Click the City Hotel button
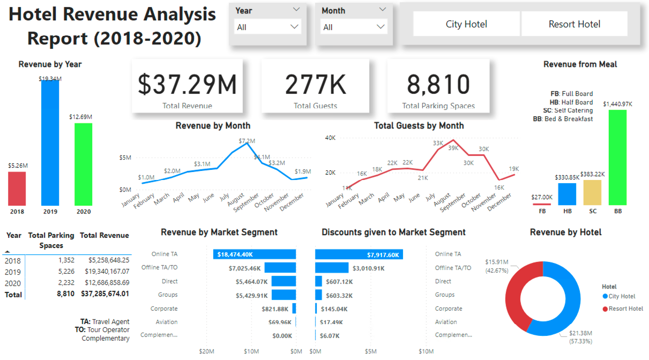coord(466,24)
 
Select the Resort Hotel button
coord(574,24)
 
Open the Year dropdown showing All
coord(267,27)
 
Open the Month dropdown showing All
coord(354,27)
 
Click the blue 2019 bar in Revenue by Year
coord(50,142)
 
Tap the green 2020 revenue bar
coord(83,164)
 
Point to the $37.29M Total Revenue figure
coord(187,84)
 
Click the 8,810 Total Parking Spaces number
coord(438,84)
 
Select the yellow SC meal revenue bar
coord(592,192)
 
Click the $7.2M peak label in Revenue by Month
coord(247,141)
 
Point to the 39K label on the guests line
coord(453,148)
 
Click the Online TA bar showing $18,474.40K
coord(254,254)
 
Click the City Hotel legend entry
coord(622,296)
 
